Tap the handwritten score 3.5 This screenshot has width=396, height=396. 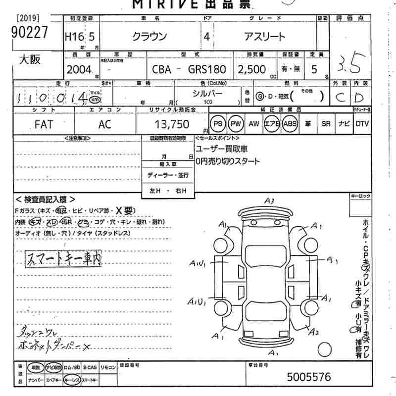click(350, 63)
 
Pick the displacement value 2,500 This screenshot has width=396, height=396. click(251, 70)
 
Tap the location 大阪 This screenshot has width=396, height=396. click(30, 60)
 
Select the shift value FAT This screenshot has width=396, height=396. click(44, 125)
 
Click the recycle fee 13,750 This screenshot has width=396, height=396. click(169, 125)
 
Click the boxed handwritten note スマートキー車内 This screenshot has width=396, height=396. click(63, 257)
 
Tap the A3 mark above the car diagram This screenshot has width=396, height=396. click(269, 201)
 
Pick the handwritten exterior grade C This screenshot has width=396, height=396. click(340, 97)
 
